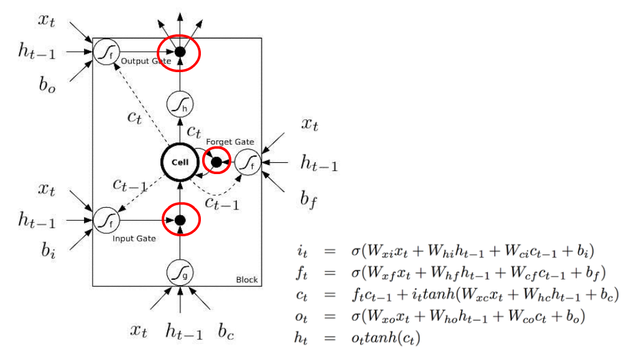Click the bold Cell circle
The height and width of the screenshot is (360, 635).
tap(180, 163)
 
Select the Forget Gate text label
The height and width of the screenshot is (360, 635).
tap(230, 142)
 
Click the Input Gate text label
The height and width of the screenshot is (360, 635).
tap(134, 238)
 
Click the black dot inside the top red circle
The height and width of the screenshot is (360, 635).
tap(180, 52)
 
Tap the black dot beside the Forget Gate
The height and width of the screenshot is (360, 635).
tap(216, 163)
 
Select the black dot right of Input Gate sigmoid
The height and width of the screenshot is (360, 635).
tap(180, 220)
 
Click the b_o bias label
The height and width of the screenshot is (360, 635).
tap(47, 85)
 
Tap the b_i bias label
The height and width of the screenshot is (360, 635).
tap(47, 251)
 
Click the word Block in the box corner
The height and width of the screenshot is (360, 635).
tap(246, 280)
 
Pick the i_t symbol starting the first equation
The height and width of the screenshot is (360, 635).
tap(304, 252)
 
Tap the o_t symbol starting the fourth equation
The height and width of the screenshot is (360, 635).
tap(304, 316)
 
